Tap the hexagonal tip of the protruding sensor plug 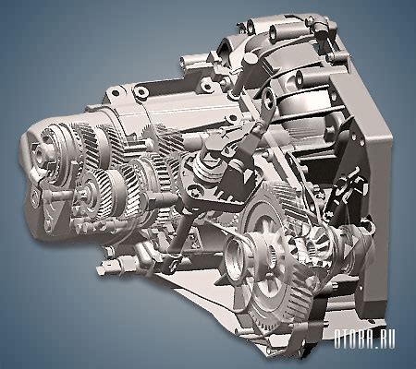pos(100,270)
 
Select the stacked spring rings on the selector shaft pos(204,168)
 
